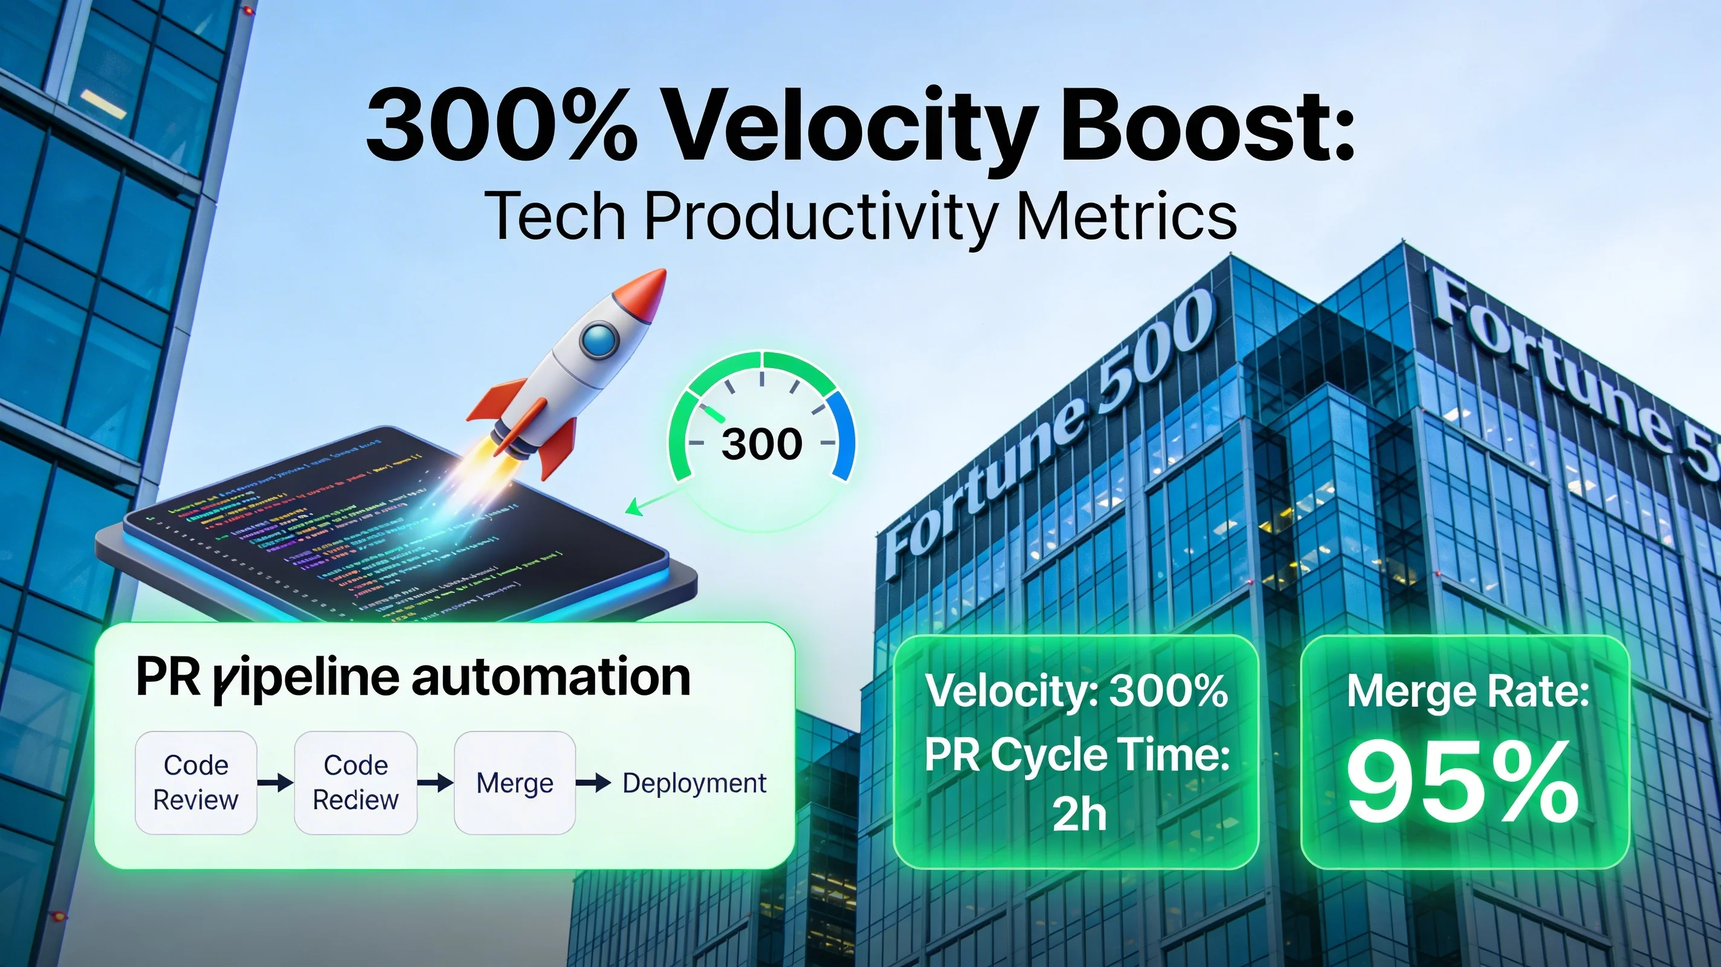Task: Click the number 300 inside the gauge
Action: [x=761, y=444]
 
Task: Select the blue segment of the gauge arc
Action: [x=843, y=435]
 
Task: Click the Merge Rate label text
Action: [x=1467, y=691]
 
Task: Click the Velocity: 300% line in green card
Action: [x=1076, y=691]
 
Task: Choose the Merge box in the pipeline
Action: [x=514, y=783]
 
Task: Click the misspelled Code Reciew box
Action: [x=355, y=783]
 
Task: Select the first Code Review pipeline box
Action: [x=196, y=783]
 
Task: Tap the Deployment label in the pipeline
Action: [x=694, y=783]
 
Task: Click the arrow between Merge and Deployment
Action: [x=593, y=783]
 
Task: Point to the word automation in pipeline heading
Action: [x=551, y=676]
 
